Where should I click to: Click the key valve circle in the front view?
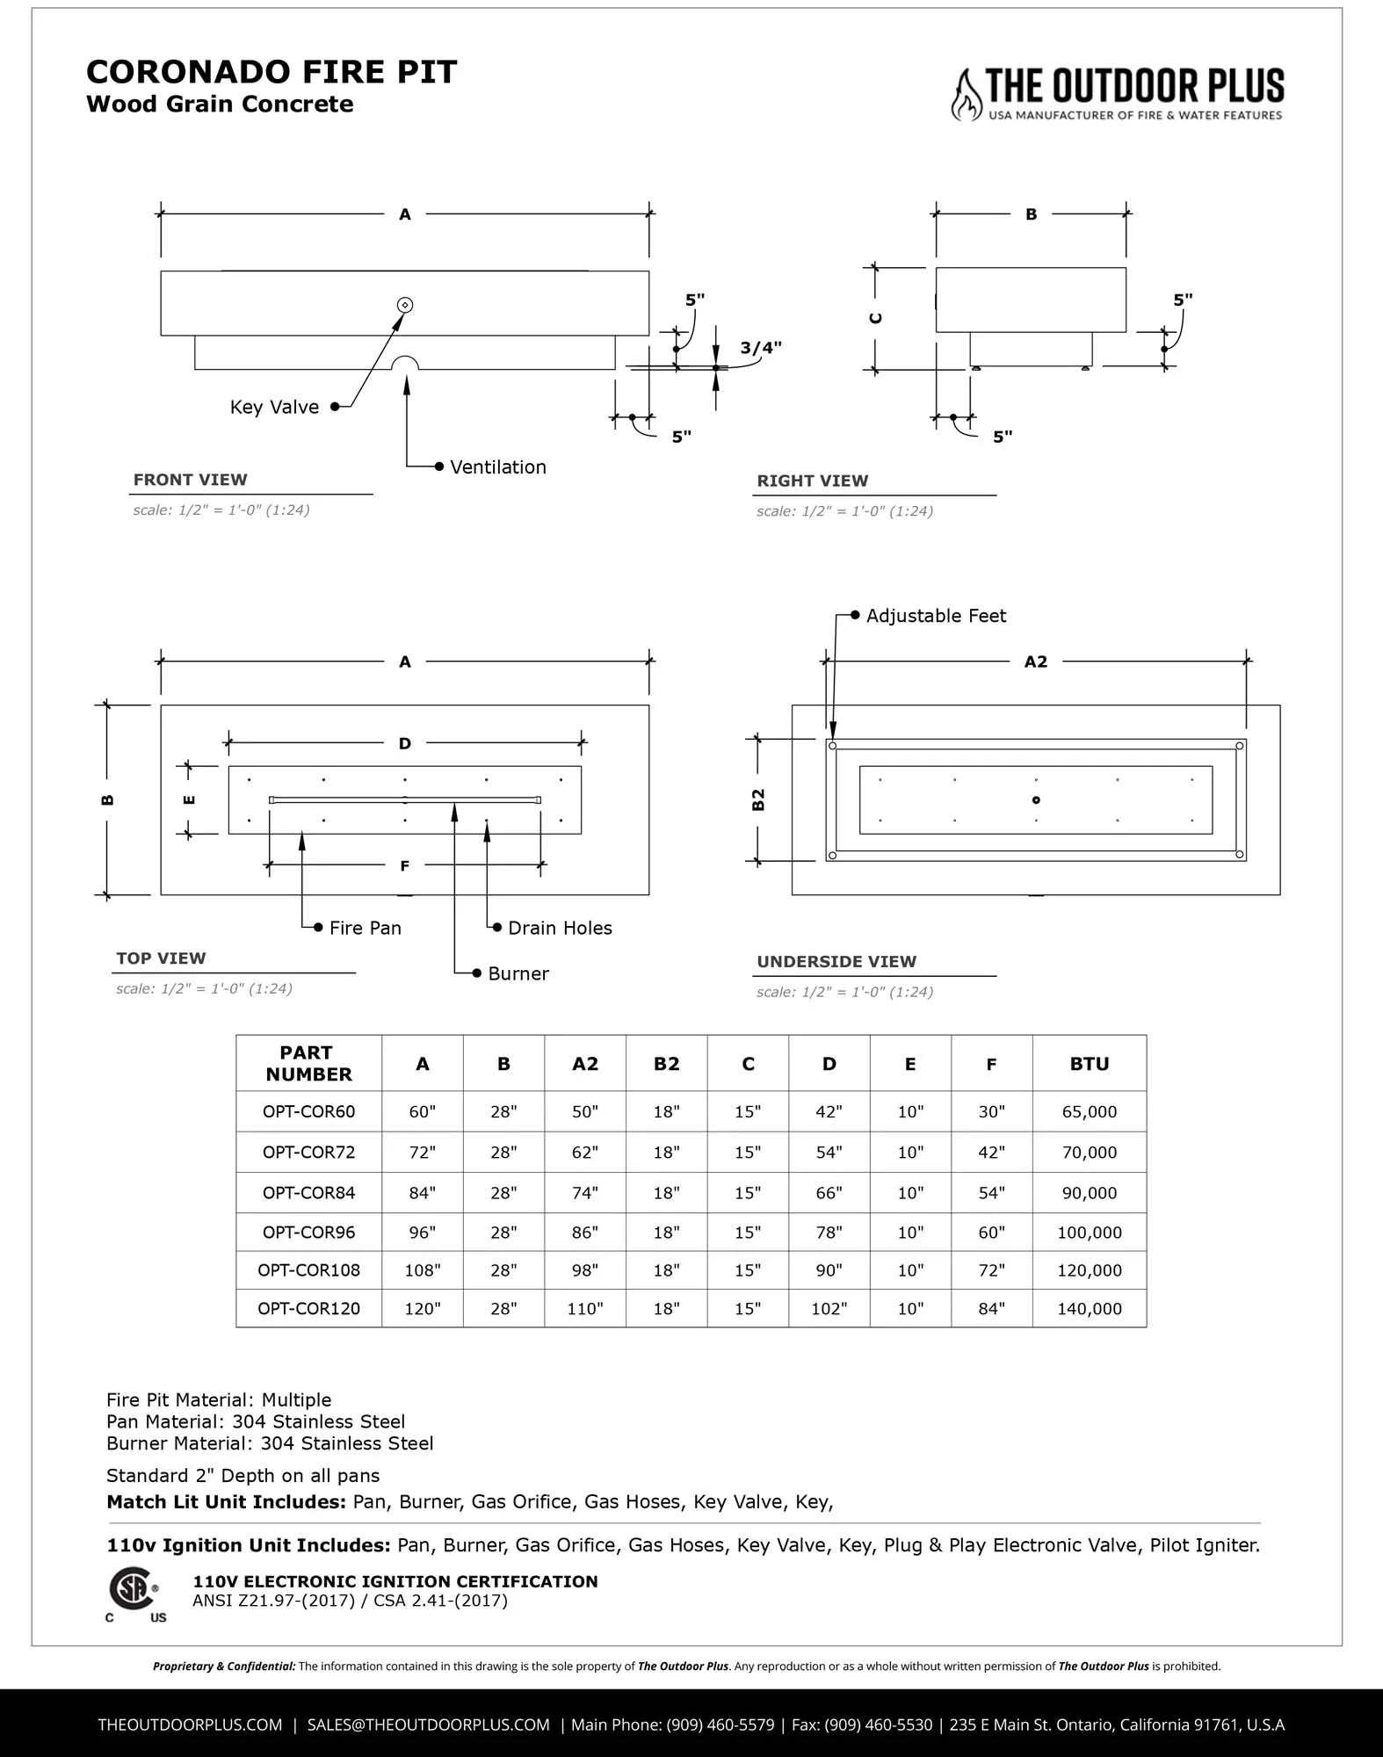(x=405, y=305)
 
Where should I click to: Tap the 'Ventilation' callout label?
(x=497, y=467)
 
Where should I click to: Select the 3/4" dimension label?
(x=760, y=348)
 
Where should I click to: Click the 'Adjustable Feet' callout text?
(x=936, y=616)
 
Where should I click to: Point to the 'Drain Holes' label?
(x=560, y=928)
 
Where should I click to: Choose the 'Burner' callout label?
(x=518, y=973)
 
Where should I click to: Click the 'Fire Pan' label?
(x=365, y=928)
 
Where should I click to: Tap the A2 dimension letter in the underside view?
(x=1036, y=662)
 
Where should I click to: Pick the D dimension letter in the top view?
(x=405, y=743)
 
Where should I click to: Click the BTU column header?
(x=1089, y=1064)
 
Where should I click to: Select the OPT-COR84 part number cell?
(x=308, y=1193)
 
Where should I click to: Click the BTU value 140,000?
(x=1089, y=1308)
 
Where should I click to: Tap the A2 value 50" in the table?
(x=585, y=1111)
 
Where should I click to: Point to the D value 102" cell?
(x=829, y=1308)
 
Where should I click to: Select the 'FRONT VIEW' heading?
(x=191, y=480)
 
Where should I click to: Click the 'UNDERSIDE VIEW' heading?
(x=836, y=961)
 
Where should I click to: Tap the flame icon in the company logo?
(x=967, y=95)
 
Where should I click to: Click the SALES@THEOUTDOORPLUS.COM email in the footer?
(x=428, y=1724)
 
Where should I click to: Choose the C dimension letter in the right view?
(x=876, y=318)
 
